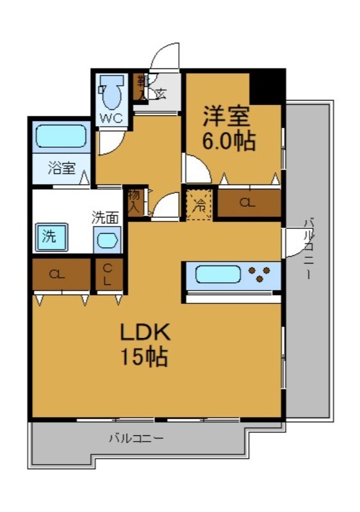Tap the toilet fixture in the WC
point(111,93)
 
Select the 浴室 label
point(62,169)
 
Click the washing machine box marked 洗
point(49,236)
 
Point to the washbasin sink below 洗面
point(106,242)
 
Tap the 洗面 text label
point(105,217)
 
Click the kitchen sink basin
point(218,275)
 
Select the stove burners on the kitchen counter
point(261,275)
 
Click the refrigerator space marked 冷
point(200,205)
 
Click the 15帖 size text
point(145,356)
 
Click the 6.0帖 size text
point(229,141)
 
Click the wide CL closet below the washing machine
point(61,275)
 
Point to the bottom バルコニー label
point(135,439)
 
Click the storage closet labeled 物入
point(135,201)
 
